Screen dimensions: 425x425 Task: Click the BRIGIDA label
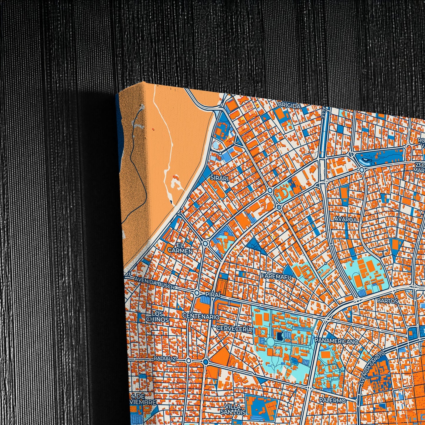(x=289, y=106)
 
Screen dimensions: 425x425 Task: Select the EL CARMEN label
(x=180, y=248)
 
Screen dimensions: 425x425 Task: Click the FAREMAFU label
(x=276, y=277)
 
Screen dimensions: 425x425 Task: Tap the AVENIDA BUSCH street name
(x=154, y=283)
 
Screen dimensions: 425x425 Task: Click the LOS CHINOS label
(x=157, y=317)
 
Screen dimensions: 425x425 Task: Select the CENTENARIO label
(x=201, y=317)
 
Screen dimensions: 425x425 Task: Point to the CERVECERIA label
(x=234, y=329)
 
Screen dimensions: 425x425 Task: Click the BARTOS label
(x=387, y=301)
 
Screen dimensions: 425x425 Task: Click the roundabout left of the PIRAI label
(x=197, y=293)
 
